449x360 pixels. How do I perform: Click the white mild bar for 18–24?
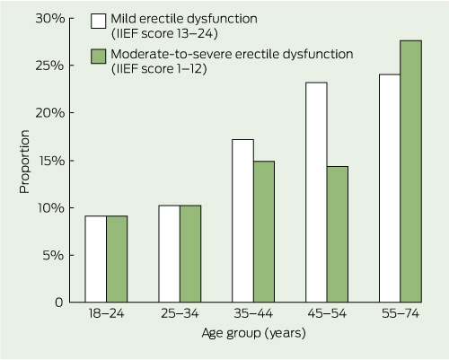pos(95,259)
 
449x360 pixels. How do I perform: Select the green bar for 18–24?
pos(117,259)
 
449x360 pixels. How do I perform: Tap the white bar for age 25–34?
pos(169,254)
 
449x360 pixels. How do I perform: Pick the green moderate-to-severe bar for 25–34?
pos(190,254)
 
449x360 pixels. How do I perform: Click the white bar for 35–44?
pos(242,221)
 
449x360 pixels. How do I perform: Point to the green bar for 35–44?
pos(264,232)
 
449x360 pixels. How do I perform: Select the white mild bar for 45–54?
pos(316,192)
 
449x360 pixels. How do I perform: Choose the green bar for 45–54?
pos(338,234)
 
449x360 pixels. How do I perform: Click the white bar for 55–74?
pos(390,188)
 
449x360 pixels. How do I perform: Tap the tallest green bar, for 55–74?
pos(411,171)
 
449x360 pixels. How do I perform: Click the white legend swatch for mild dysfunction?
pos(99,21)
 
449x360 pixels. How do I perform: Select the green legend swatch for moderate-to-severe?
pos(99,57)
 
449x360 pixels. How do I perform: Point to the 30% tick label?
pos(50,19)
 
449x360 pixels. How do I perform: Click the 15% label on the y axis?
pos(52,161)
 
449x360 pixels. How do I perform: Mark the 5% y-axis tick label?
pos(54,255)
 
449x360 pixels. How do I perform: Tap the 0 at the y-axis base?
pos(59,303)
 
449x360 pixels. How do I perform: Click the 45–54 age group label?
pos(327,313)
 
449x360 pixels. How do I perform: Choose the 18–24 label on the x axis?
pos(106,313)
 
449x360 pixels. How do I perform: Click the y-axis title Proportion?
pos(24,162)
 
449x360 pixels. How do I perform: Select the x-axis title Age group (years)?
pos(254,333)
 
